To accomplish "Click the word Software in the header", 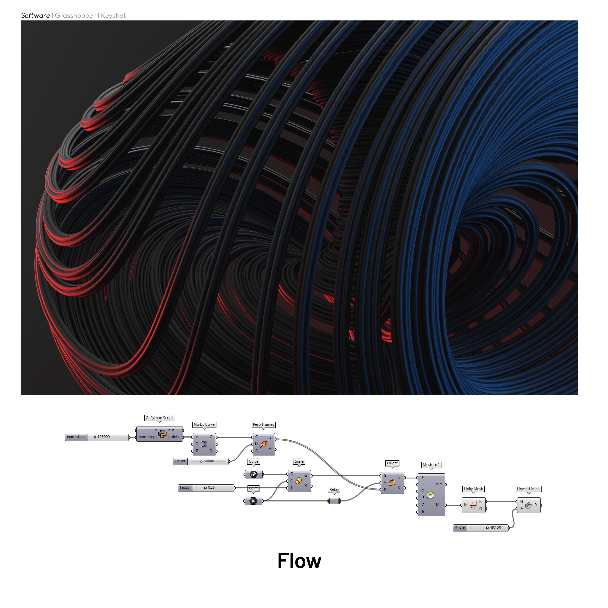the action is (35, 15).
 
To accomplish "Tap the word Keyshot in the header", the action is (113, 15).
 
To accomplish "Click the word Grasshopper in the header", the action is (75, 15).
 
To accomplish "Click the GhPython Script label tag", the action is (159, 418).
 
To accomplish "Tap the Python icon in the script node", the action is (162, 434).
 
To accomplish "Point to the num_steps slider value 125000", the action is (104, 437).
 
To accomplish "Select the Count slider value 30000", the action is (209, 461).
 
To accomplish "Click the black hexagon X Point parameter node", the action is (253, 501).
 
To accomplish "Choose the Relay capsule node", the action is (334, 501).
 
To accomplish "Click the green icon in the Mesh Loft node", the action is (430, 495).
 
